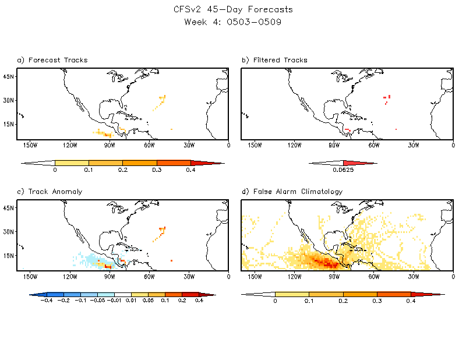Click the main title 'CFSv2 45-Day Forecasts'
pyautogui.click(x=233, y=10)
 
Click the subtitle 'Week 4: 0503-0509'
pyautogui.click(x=233, y=22)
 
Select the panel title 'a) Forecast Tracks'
pyautogui.click(x=52, y=60)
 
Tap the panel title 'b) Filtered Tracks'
pyautogui.click(x=274, y=60)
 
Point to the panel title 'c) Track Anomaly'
pyautogui.click(x=50, y=192)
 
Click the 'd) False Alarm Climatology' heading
pyautogui.click(x=292, y=192)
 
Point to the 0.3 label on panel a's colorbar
pyautogui.click(x=157, y=171)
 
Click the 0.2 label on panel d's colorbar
pyautogui.click(x=343, y=302)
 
